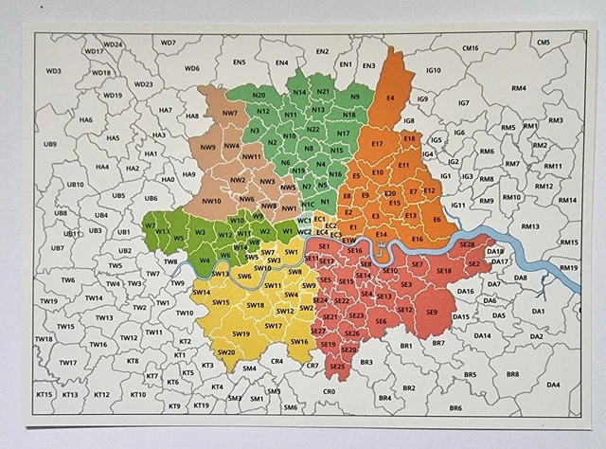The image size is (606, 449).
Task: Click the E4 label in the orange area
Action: (x=390, y=98)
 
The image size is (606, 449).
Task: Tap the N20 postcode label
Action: (x=258, y=95)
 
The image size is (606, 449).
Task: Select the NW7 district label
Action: (x=229, y=113)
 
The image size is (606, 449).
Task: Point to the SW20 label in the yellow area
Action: (x=226, y=352)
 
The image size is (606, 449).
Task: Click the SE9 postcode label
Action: (x=431, y=312)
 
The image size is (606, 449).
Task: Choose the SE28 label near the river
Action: (x=467, y=244)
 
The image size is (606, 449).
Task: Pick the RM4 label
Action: (x=518, y=88)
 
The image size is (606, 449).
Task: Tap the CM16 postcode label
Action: (x=470, y=47)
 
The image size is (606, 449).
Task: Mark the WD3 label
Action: (x=53, y=70)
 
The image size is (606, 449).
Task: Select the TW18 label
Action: (x=44, y=338)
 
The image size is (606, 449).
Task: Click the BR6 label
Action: (x=455, y=407)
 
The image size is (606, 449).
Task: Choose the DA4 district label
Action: (x=553, y=384)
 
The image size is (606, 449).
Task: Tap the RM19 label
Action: (x=567, y=268)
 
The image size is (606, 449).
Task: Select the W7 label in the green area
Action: (x=151, y=224)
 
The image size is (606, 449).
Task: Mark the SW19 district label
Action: (x=241, y=333)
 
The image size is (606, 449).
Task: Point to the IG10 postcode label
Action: (x=434, y=70)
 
